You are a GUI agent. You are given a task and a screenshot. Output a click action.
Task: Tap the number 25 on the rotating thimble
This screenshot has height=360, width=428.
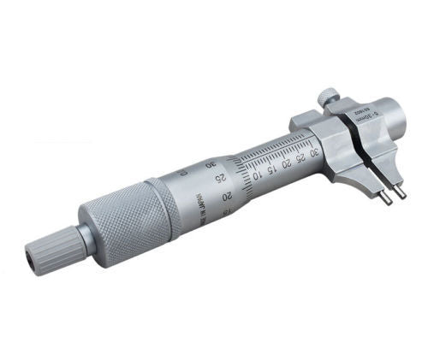tap(220, 178)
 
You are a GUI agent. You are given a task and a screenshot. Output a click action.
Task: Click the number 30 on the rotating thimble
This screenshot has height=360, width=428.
tap(211, 162)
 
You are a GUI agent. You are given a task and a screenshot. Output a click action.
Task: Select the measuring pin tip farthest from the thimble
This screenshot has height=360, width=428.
tap(401, 194)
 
